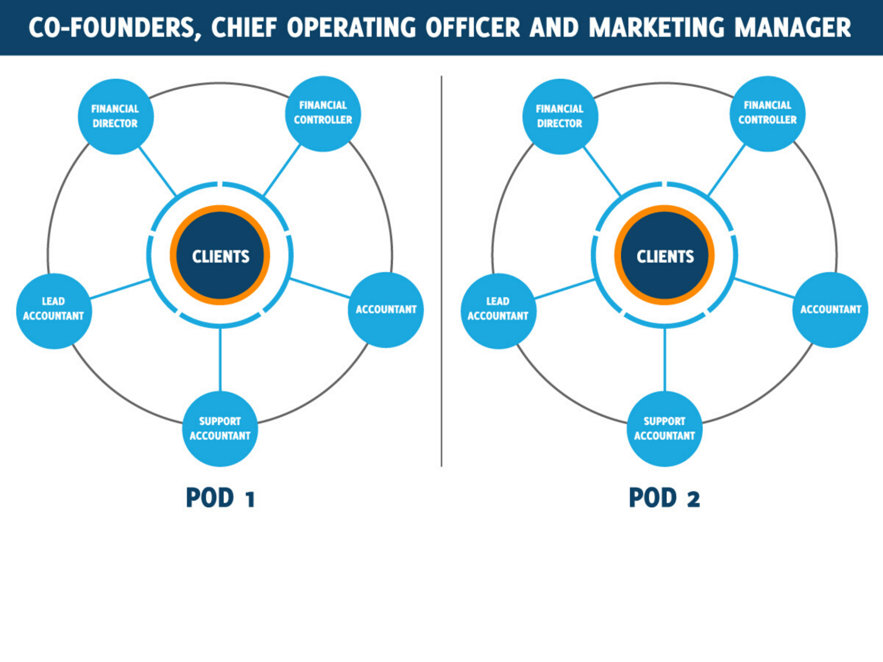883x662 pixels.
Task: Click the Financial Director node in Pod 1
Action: tap(116, 116)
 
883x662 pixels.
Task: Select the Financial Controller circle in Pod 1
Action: tap(323, 114)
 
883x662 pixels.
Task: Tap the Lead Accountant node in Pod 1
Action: tap(54, 311)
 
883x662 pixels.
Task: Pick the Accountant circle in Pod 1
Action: tap(386, 310)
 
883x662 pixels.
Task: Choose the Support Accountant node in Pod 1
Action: tap(220, 429)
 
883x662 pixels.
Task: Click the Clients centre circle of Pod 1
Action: tap(220, 255)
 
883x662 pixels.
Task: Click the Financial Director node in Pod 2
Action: tap(560, 116)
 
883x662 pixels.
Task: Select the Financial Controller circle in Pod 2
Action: tap(767, 114)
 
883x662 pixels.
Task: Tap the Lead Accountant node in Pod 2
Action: tap(498, 311)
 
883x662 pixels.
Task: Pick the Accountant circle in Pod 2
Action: tap(830, 310)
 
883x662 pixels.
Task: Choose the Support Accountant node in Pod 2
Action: tap(664, 429)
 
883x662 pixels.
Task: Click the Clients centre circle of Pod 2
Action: tap(664, 255)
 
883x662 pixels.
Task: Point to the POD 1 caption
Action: tap(220, 498)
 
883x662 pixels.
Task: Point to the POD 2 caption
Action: tap(664, 498)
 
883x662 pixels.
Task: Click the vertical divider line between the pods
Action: tap(441, 271)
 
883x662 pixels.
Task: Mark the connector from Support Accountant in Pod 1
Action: tap(220, 360)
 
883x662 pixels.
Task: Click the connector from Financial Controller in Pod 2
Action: tap(726, 170)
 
